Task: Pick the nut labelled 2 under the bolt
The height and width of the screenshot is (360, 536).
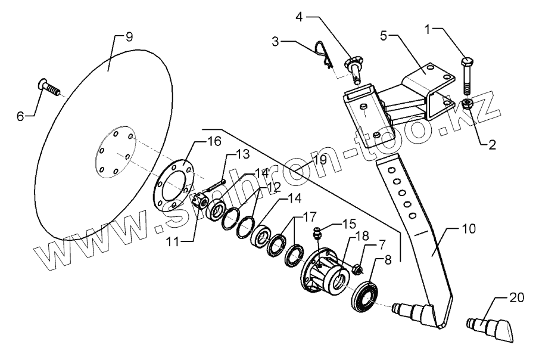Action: pyautogui.click(x=467, y=105)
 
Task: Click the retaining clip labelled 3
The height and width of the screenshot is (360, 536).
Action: pyautogui.click(x=323, y=54)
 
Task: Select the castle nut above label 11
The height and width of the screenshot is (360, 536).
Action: pyautogui.click(x=201, y=200)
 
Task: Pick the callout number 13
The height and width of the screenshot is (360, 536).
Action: pyautogui.click(x=244, y=155)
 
